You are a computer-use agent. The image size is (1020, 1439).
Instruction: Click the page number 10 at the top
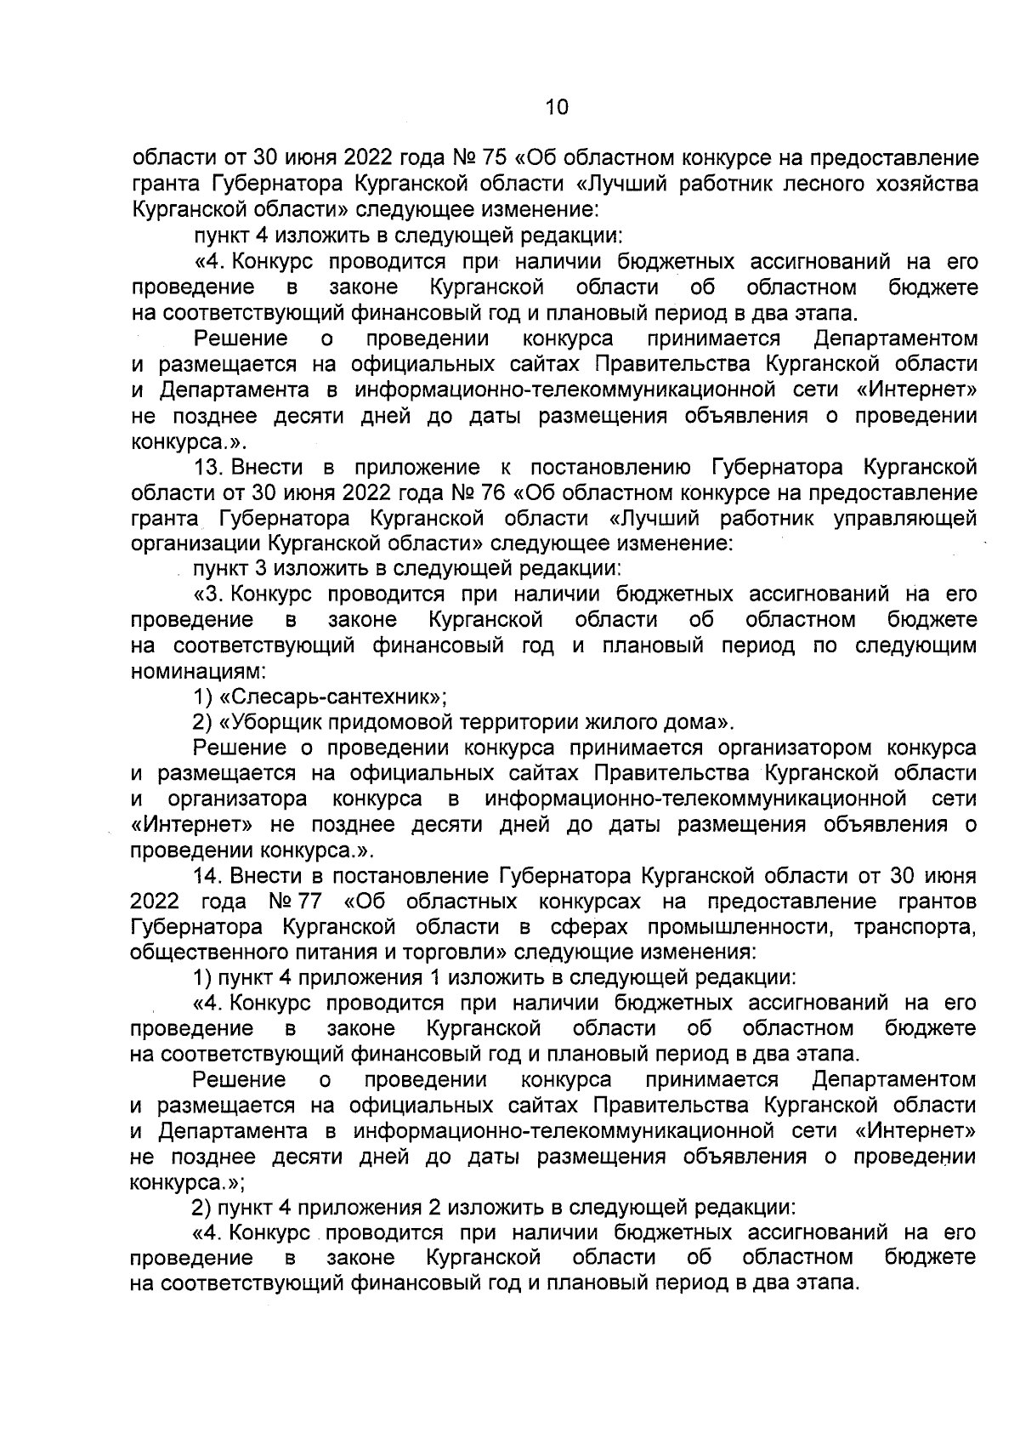(x=556, y=107)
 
